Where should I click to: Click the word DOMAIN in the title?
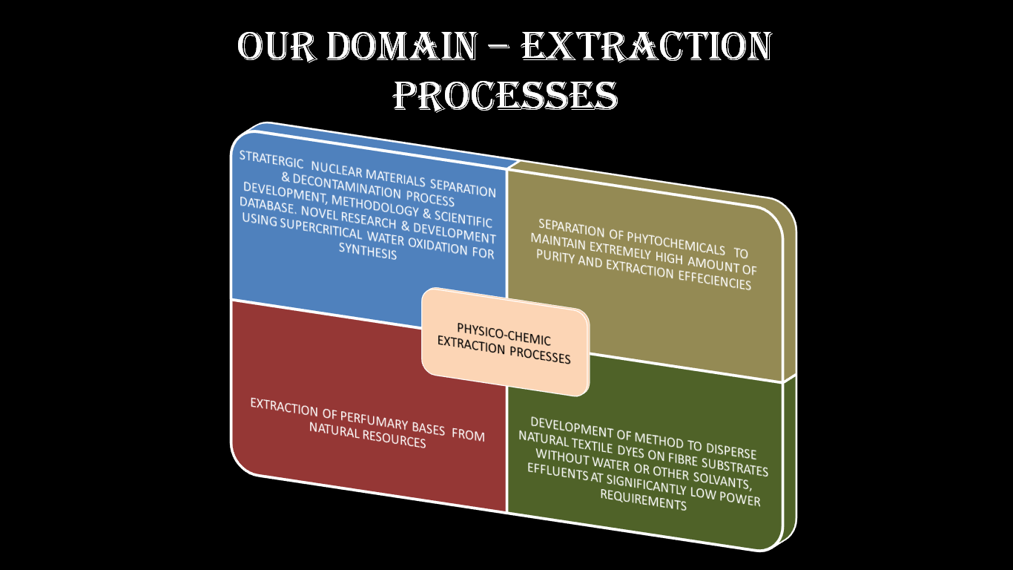[x=402, y=46]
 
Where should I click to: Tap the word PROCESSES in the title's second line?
[x=505, y=96]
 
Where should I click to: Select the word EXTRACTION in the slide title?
[x=647, y=46]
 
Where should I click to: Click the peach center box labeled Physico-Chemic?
[x=505, y=342]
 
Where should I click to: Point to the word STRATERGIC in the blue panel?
[x=271, y=160]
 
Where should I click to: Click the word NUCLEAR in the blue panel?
[x=337, y=170]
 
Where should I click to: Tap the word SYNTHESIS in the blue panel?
[x=368, y=251]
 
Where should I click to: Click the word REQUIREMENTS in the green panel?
[x=643, y=499]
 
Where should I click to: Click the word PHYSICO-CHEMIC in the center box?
[x=504, y=334]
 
